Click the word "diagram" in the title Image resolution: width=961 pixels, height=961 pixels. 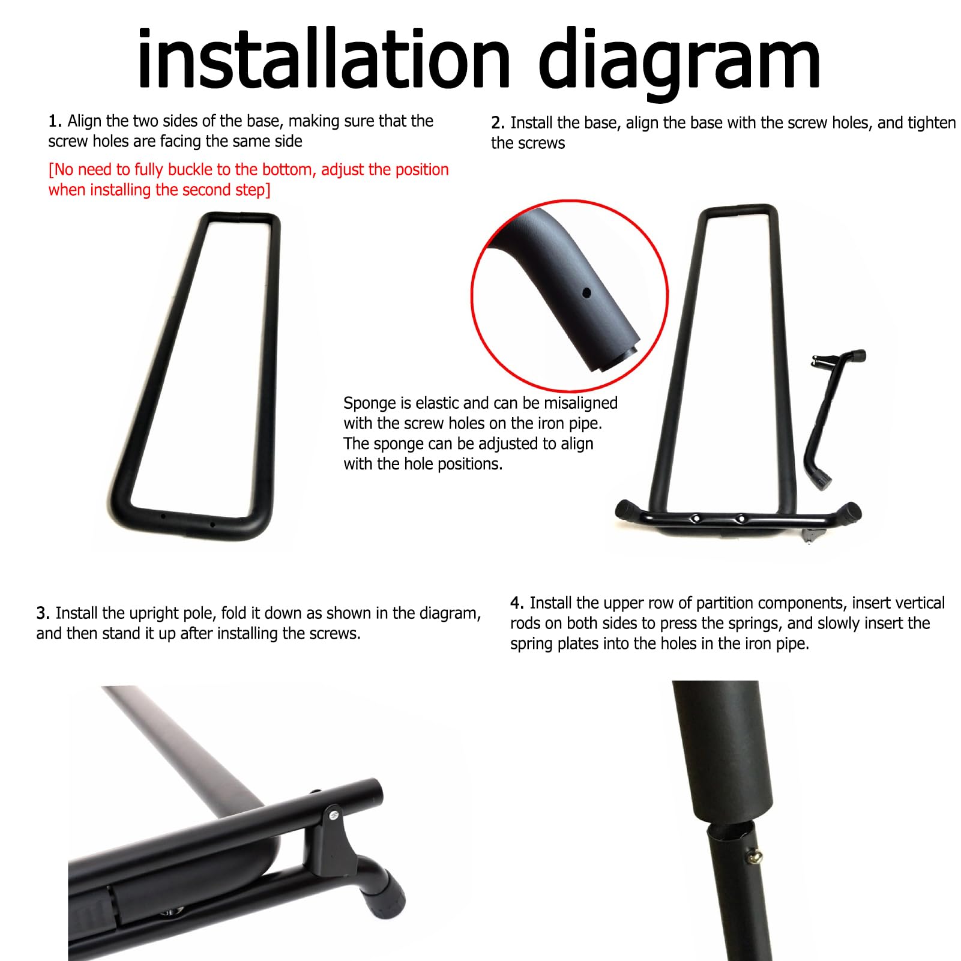(679, 64)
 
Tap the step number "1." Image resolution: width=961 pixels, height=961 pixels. (55, 121)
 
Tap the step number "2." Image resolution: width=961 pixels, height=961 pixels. (498, 123)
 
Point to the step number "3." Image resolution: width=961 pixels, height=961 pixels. (43, 613)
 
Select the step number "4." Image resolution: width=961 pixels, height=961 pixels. (517, 603)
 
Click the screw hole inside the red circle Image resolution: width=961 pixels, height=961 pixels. (586, 293)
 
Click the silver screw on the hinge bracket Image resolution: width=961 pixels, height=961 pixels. (333, 815)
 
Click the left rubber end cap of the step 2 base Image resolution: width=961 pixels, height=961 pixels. (626, 511)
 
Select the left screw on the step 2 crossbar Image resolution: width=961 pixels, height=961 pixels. (695, 518)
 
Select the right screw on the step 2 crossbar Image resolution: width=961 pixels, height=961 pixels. (741, 518)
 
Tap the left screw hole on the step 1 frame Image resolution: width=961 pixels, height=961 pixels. (163, 515)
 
